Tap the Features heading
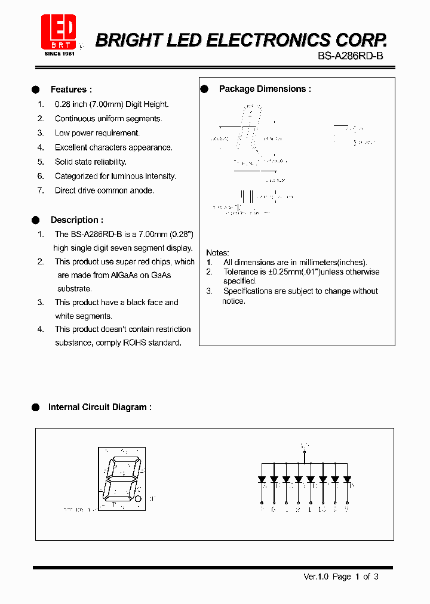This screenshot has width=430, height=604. [x=71, y=90]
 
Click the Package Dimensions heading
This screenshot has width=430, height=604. [x=265, y=89]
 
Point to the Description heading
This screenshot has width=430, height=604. [x=76, y=220]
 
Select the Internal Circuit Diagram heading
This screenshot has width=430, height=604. [x=100, y=407]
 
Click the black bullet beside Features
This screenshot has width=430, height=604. [x=36, y=90]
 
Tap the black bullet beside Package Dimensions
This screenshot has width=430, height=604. [x=204, y=89]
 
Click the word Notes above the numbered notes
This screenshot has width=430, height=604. [x=217, y=252]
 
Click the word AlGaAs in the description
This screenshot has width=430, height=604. [x=129, y=275]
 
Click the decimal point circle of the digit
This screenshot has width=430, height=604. [x=137, y=498]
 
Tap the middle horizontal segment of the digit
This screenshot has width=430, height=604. [x=121, y=479]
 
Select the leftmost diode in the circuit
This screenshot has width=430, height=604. [x=262, y=479]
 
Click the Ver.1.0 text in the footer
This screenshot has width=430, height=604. [x=317, y=577]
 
